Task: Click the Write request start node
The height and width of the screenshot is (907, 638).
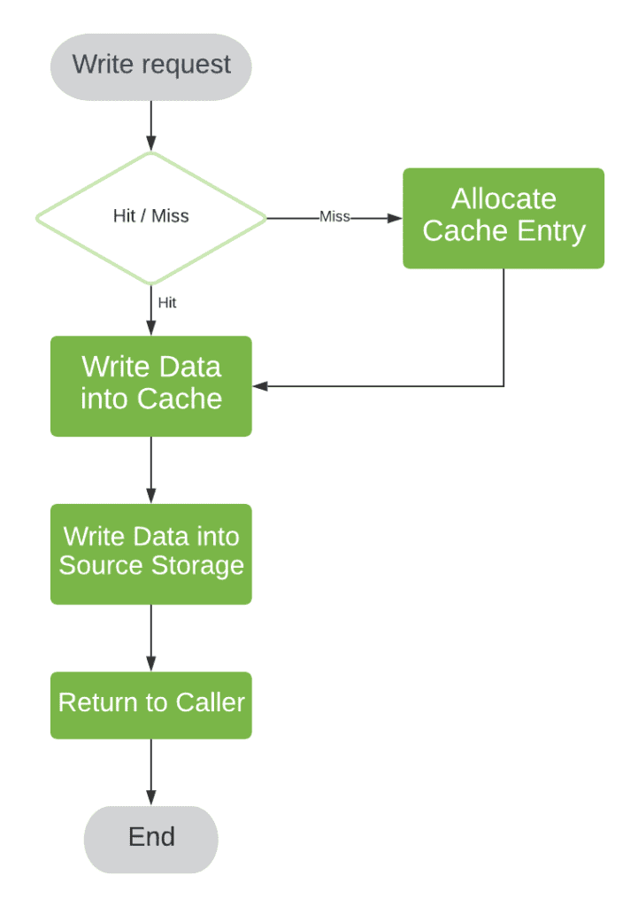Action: (150, 66)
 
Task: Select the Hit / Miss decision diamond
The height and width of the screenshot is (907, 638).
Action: (150, 217)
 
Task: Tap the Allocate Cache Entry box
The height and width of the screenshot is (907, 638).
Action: (503, 217)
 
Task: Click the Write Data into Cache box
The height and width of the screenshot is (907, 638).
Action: (150, 385)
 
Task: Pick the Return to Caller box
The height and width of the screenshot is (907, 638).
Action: (150, 704)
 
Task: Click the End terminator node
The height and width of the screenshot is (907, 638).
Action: (150, 838)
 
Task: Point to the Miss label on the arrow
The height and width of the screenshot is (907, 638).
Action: (334, 217)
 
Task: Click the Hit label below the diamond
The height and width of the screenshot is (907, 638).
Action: (166, 303)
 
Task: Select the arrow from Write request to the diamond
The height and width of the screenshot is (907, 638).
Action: (150, 124)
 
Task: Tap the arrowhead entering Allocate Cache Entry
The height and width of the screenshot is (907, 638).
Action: (395, 217)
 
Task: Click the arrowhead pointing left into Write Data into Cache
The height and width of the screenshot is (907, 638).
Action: (260, 386)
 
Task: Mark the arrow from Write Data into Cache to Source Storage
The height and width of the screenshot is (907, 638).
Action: (150, 469)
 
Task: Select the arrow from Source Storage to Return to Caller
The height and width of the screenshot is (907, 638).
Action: (150, 638)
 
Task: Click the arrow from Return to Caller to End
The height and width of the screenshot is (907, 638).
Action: (150, 771)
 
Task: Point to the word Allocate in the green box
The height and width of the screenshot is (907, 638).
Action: (503, 198)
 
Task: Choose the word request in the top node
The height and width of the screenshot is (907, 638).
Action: (188, 65)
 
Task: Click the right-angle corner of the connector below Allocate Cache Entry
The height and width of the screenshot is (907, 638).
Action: (503, 386)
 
